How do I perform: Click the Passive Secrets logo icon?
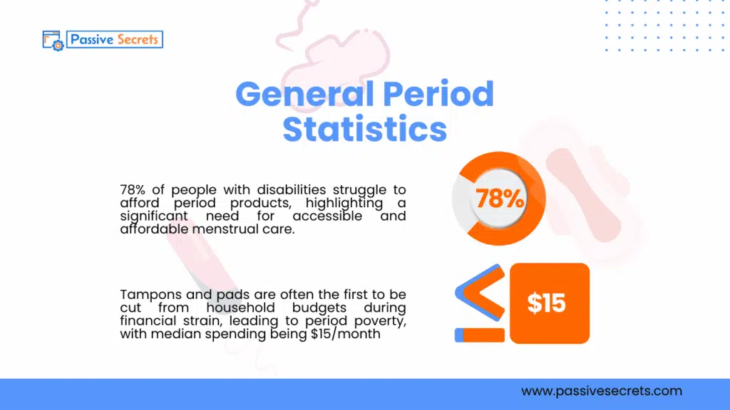point(54,40)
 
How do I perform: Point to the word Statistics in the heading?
point(365,129)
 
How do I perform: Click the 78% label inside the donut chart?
point(499,199)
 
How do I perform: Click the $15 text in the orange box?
point(547,303)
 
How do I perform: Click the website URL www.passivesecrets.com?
point(601,391)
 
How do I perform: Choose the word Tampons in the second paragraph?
point(146,295)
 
